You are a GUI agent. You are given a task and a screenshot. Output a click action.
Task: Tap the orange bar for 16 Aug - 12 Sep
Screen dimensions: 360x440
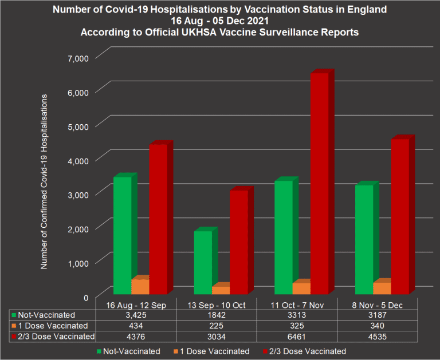[x=140, y=286]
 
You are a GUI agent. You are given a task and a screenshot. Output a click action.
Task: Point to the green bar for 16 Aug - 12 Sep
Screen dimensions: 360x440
[x=122, y=235]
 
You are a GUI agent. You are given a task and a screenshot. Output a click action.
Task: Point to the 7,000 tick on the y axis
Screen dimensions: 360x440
[x=78, y=58]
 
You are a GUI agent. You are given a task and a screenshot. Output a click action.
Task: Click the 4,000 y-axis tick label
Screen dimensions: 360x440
[x=78, y=160]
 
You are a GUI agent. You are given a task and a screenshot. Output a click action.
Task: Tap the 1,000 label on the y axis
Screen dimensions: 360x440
[x=78, y=263]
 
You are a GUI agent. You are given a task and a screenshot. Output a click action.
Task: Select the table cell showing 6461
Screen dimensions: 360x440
[x=296, y=337]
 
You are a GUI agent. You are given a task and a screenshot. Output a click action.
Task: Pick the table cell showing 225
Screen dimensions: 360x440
[x=215, y=326]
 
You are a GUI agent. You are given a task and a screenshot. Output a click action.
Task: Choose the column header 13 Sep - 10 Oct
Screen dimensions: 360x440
[x=215, y=305]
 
